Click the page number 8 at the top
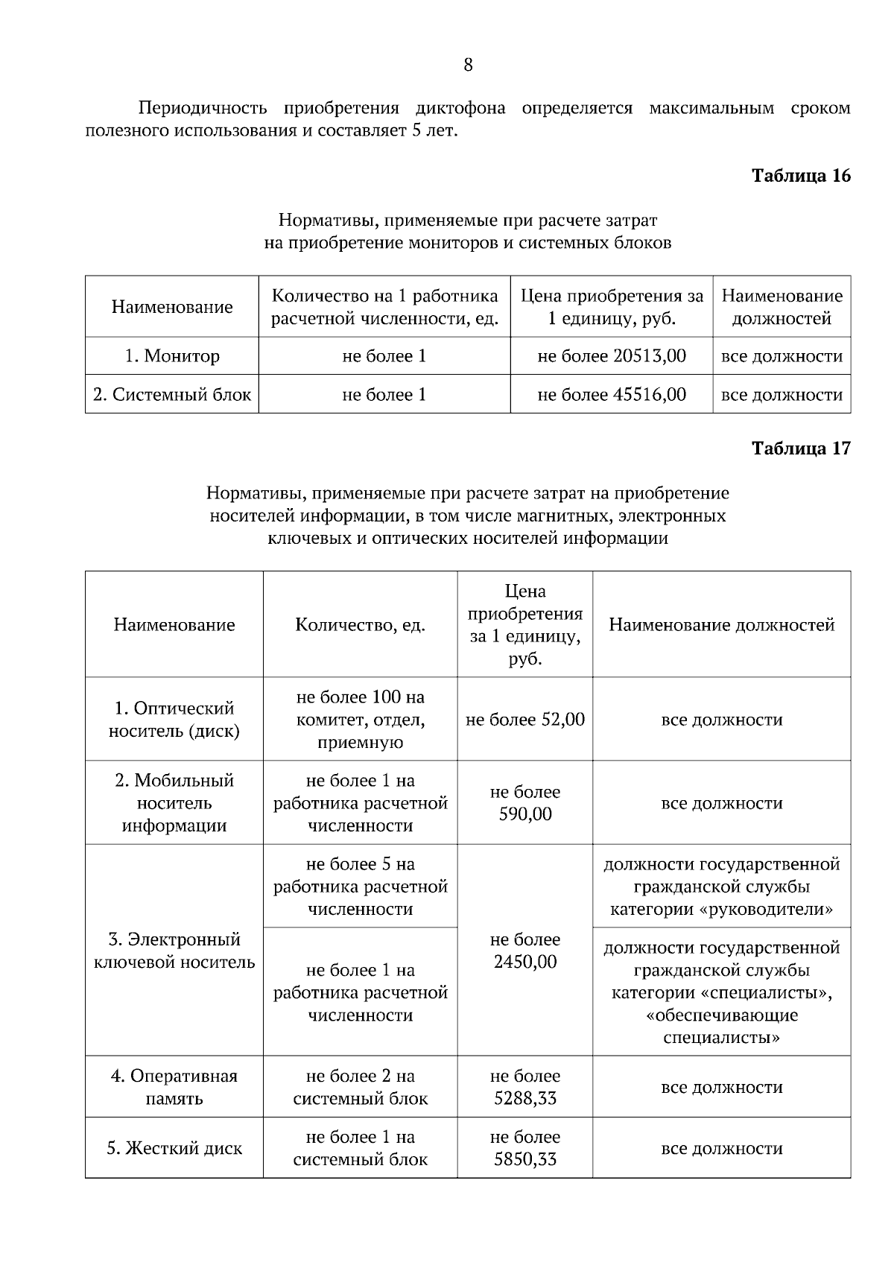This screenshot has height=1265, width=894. click(x=468, y=66)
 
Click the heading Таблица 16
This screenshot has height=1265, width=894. click(x=800, y=176)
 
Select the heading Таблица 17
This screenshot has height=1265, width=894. click(x=800, y=448)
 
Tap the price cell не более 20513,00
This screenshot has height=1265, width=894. click(x=611, y=356)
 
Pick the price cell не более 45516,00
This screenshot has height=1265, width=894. click(x=611, y=394)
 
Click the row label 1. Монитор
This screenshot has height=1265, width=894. click(x=172, y=356)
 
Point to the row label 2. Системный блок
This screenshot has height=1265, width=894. click(x=172, y=394)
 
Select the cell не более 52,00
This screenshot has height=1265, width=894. click(x=524, y=720)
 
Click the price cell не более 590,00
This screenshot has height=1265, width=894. click(x=524, y=803)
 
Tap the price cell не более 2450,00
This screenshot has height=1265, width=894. click(x=524, y=951)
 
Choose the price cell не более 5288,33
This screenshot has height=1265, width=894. click(x=524, y=1087)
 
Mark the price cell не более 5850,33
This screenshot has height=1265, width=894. click(x=524, y=1148)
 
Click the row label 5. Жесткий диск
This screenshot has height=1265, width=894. click(x=174, y=1148)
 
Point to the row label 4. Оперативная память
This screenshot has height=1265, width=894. click(x=174, y=1087)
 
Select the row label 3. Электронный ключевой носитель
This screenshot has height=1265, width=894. click(x=174, y=951)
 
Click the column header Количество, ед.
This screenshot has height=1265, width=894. click(x=360, y=625)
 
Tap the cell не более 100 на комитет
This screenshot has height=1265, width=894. click(x=360, y=720)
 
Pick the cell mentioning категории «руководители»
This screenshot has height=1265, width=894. click(x=721, y=887)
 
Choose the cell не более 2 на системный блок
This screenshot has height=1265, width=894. click(x=360, y=1087)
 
